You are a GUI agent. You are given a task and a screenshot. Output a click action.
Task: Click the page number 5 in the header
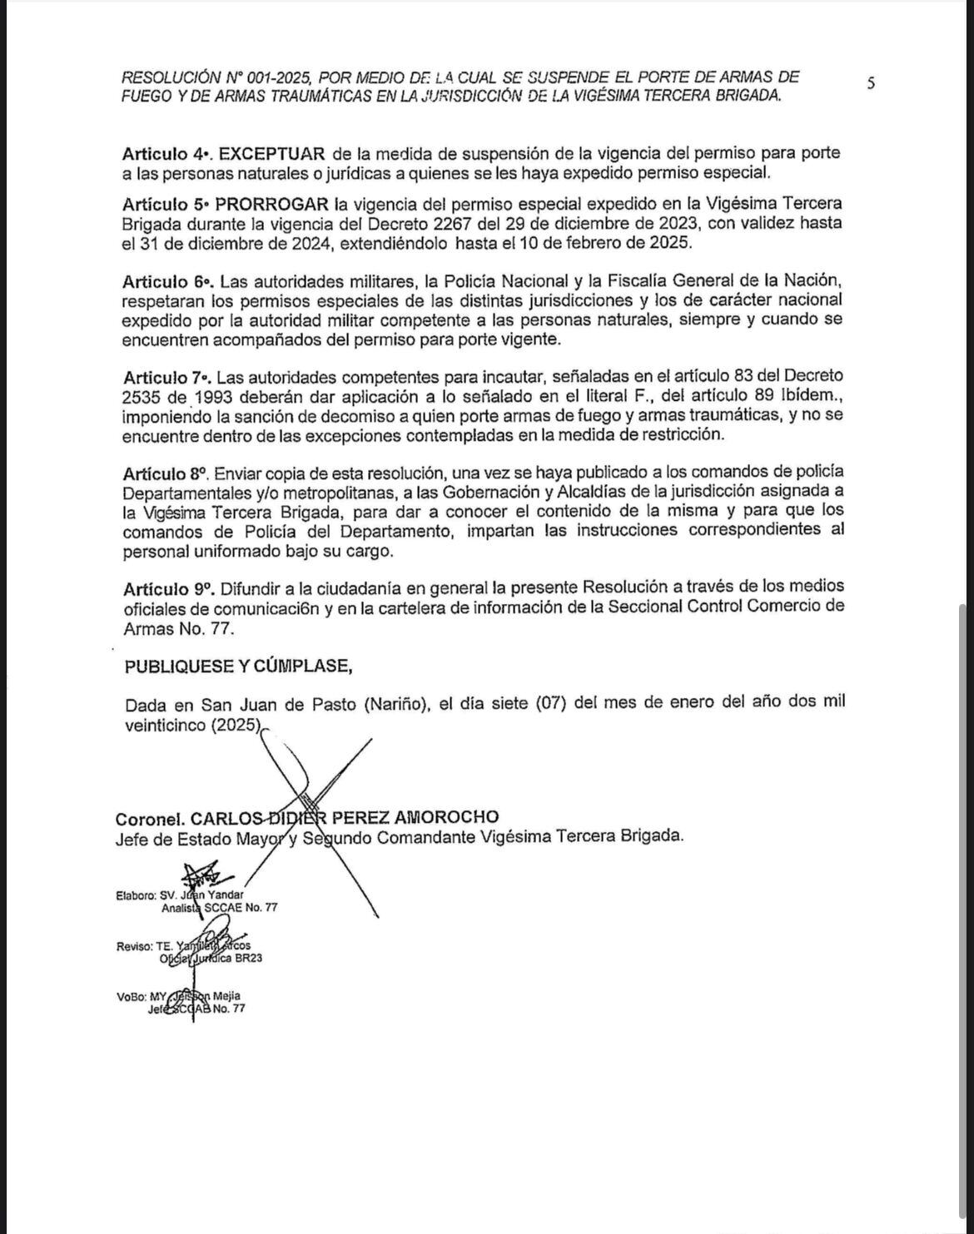(x=871, y=82)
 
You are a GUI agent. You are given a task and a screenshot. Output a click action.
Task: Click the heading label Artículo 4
(x=165, y=154)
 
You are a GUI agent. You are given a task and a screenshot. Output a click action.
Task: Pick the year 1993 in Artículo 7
(x=186, y=395)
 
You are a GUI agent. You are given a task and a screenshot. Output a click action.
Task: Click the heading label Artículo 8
(x=165, y=473)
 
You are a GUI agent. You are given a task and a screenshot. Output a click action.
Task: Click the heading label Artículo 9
(x=165, y=587)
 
